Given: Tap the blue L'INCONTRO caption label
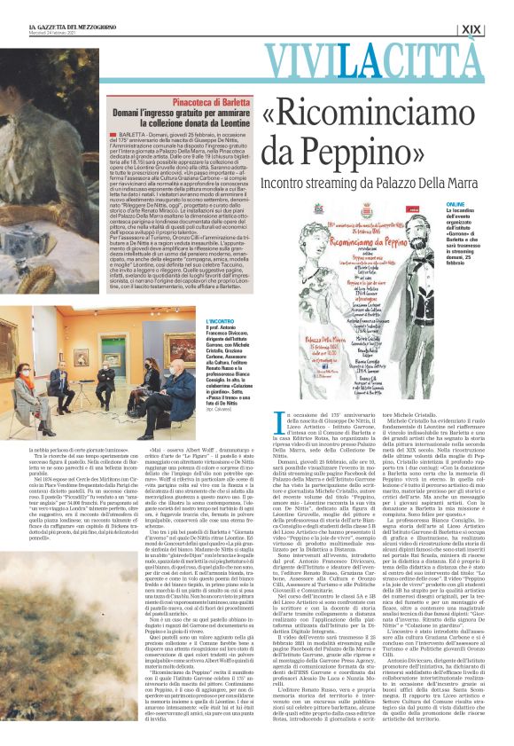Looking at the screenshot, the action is pyautogui.click(x=222, y=321).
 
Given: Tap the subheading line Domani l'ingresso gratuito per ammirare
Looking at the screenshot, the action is pyautogui.click(x=199, y=116).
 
